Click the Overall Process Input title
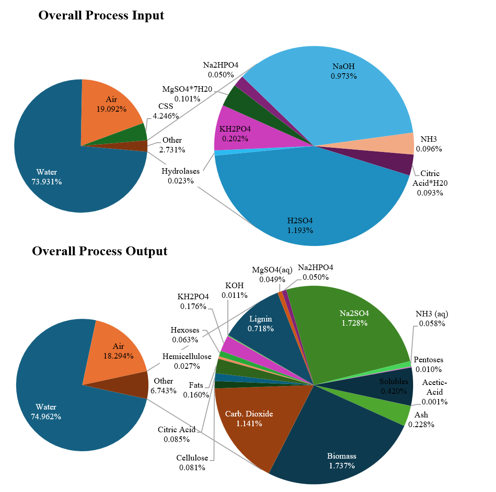click(x=101, y=15)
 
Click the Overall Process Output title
click(x=100, y=251)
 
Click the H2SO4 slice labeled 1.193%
click(x=306, y=204)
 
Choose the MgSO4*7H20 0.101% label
click(x=187, y=94)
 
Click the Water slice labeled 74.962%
click(x=51, y=408)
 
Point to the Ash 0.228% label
click(x=421, y=419)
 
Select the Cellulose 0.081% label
click(x=192, y=462)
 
